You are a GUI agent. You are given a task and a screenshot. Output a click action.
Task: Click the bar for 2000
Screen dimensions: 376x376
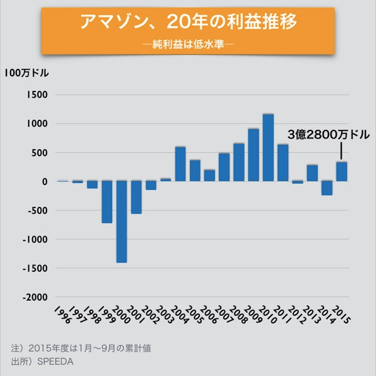click(122, 221)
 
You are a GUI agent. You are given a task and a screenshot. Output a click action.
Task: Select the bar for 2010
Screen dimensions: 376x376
click(268, 148)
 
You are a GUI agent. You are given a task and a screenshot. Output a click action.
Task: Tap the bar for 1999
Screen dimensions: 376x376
click(107, 202)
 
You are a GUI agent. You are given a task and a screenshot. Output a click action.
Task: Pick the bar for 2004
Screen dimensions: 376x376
click(180, 164)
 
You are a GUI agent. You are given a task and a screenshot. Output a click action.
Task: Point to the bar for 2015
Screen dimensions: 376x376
click(342, 172)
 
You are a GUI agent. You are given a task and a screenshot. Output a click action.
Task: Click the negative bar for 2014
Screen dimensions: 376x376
click(326, 188)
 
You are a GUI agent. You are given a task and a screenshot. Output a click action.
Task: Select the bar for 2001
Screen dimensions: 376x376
click(137, 197)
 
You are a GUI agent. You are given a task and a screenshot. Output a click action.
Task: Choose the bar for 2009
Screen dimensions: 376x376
click(253, 155)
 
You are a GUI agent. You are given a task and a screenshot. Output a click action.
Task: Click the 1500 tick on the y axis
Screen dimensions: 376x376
click(37, 95)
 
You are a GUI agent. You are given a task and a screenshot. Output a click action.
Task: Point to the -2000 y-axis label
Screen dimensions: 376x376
click(34, 297)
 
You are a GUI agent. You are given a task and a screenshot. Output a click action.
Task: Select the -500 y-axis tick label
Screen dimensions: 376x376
click(37, 211)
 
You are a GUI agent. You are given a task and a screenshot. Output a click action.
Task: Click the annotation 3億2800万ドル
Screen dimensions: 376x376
click(328, 135)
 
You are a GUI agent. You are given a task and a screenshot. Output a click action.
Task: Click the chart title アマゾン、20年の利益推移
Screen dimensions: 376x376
click(188, 23)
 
